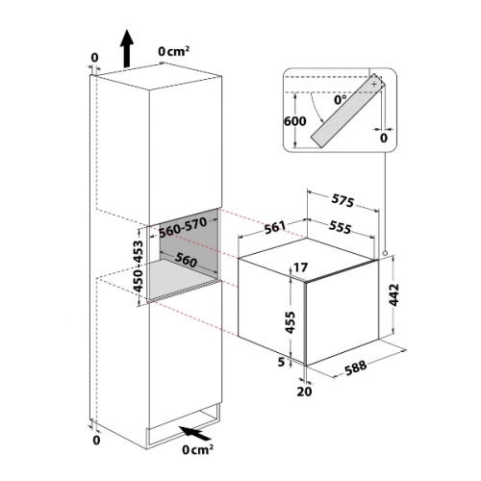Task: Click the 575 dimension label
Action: (x=342, y=201)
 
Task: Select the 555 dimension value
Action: (x=340, y=227)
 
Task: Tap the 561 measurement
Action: (x=275, y=227)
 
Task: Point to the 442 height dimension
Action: (x=393, y=294)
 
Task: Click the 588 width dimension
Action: (x=356, y=367)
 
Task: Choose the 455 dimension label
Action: (x=291, y=322)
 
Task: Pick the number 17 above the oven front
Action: (x=300, y=267)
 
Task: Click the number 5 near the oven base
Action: (x=281, y=362)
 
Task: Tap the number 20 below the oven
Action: (x=304, y=392)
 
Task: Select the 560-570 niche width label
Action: (x=183, y=228)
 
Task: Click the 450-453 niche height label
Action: (x=139, y=266)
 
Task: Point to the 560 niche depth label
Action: (x=186, y=259)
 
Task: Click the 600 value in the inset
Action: (x=295, y=121)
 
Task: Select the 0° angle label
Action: (x=341, y=100)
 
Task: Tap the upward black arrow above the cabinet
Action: (x=127, y=48)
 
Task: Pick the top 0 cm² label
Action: (x=173, y=51)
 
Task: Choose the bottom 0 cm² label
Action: (x=197, y=449)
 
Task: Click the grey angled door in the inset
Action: (x=348, y=111)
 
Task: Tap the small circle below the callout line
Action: (x=385, y=254)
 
